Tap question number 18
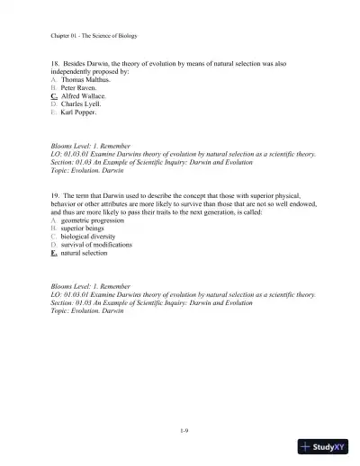tap(57, 66)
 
